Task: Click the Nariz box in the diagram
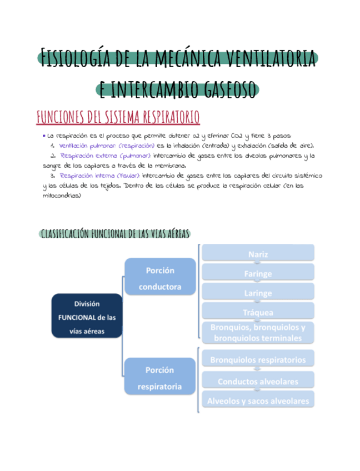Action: tap(258, 254)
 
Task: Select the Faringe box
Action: tap(258, 273)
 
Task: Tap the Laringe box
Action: tap(258, 293)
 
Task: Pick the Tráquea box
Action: tap(258, 312)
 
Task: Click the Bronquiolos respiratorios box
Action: tap(258, 359)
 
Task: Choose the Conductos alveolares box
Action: tap(258, 381)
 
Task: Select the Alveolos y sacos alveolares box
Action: tap(258, 400)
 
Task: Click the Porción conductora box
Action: tap(160, 278)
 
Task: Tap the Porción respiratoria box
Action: tap(160, 378)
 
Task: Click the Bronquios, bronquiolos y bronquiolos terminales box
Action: tap(258, 332)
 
